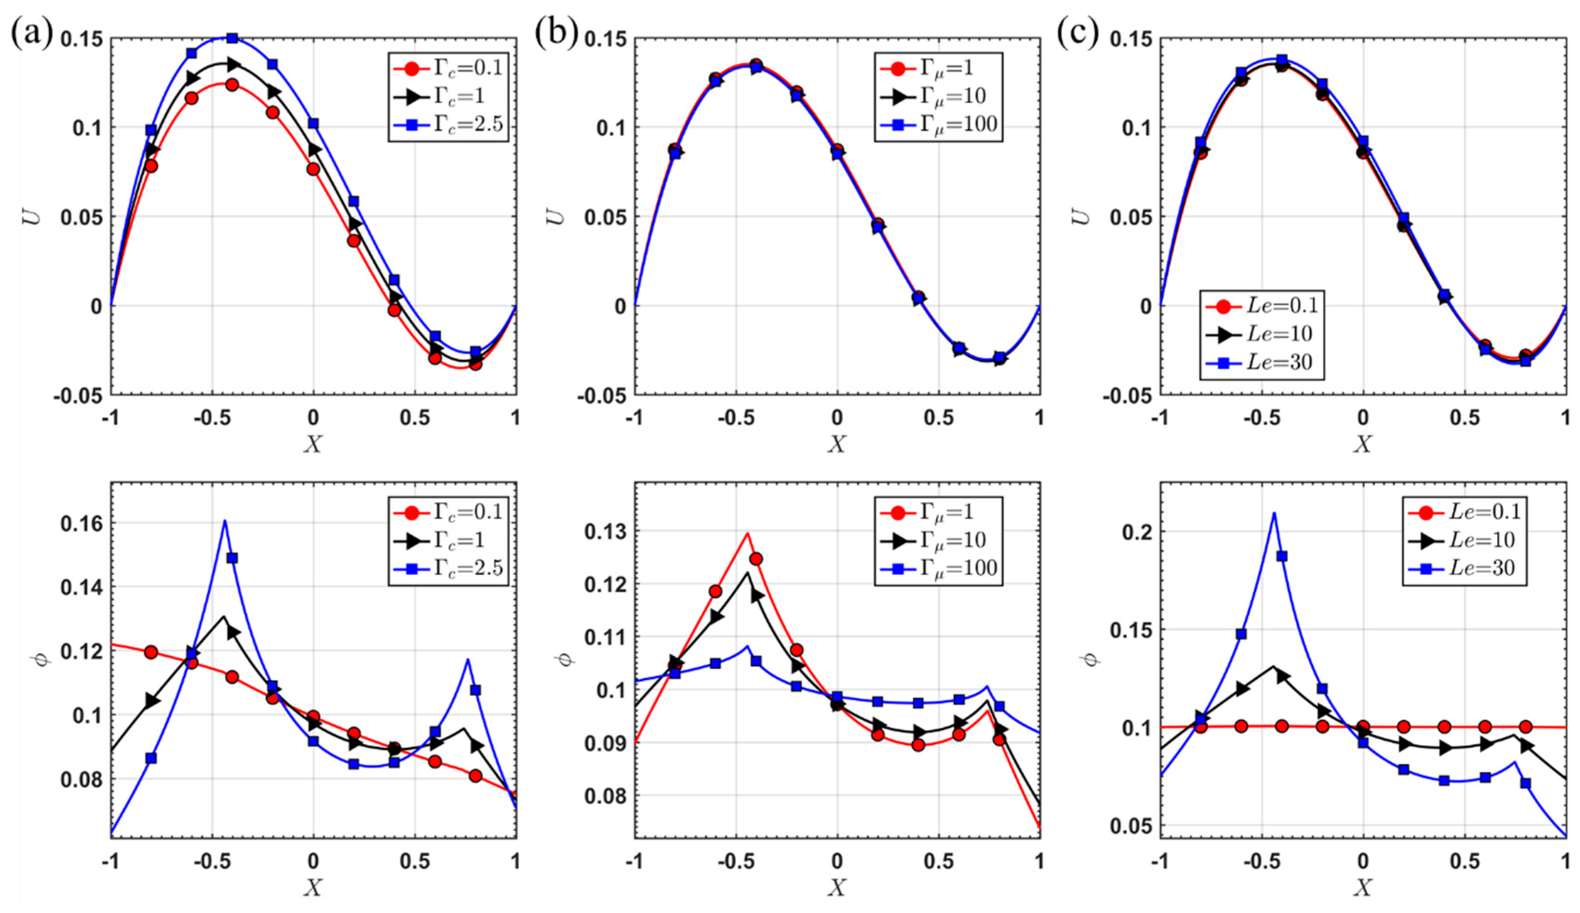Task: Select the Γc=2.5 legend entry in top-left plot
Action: point(447,124)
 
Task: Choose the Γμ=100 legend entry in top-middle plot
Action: point(937,124)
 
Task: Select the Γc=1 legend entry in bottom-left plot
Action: point(447,540)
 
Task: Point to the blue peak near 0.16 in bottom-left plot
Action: point(224,521)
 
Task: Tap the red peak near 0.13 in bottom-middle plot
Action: point(747,533)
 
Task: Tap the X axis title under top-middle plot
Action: point(837,444)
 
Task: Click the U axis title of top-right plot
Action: point(1083,216)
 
